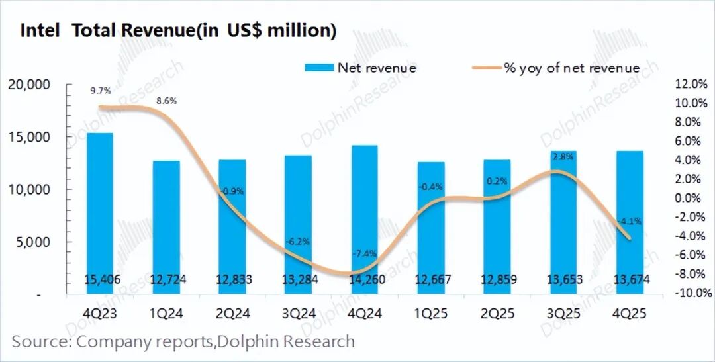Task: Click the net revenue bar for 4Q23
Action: [x=99, y=212]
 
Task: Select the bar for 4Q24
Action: [x=364, y=218]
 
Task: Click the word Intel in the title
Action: [x=41, y=30]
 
